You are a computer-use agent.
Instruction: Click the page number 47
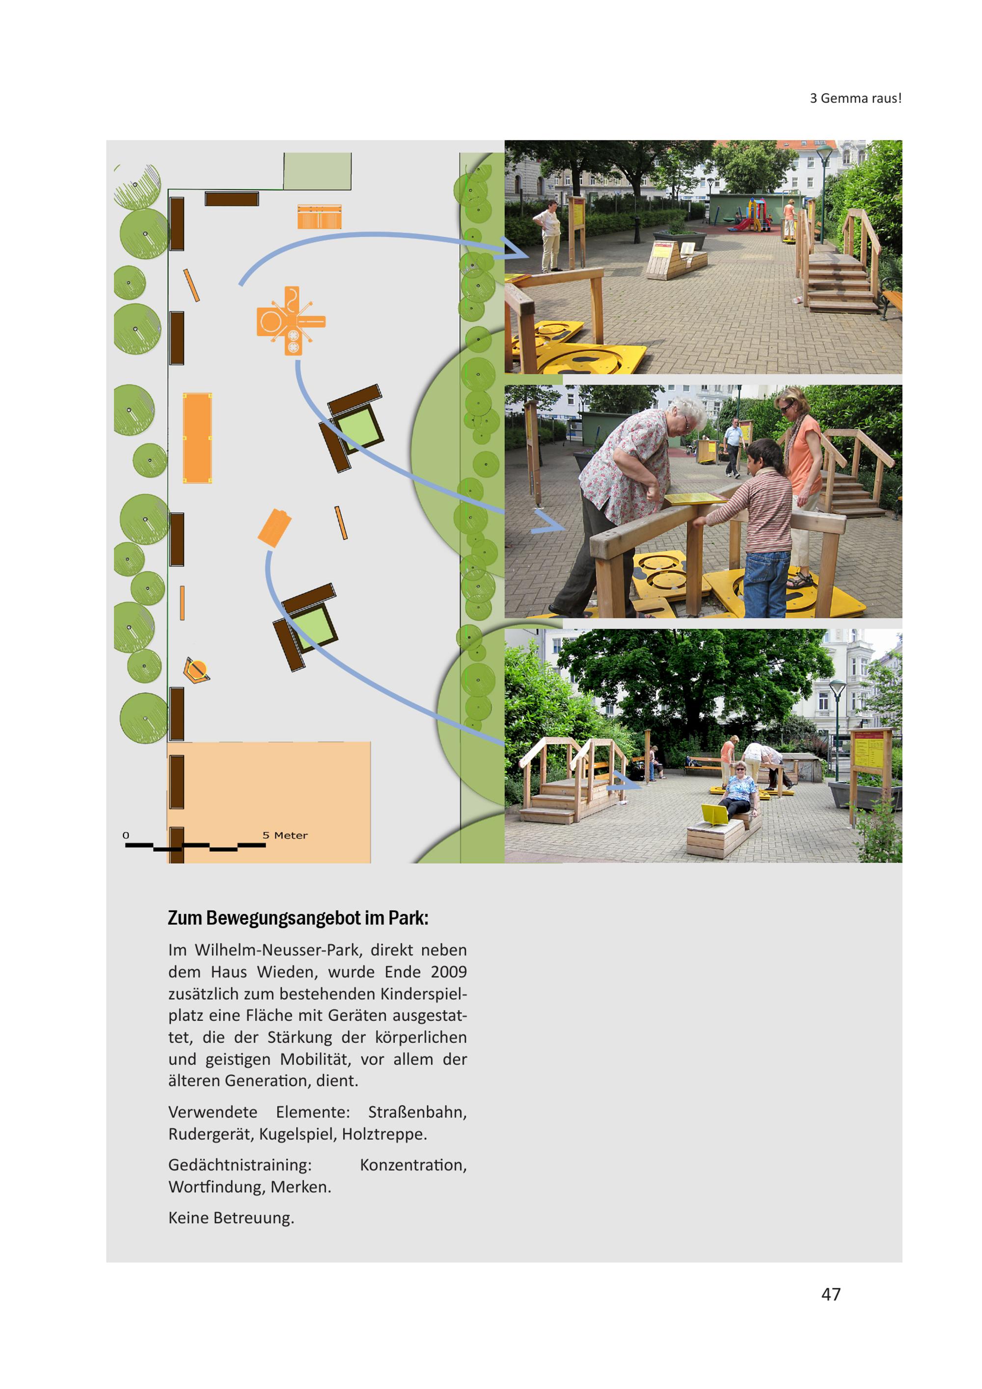pyautogui.click(x=831, y=1294)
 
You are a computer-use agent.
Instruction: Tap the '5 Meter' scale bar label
pyautogui.click(x=285, y=835)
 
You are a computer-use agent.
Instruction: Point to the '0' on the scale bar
pyautogui.click(x=126, y=835)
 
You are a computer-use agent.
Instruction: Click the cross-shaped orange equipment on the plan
pyautogui.click(x=291, y=321)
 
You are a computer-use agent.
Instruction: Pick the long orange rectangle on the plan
pyautogui.click(x=197, y=438)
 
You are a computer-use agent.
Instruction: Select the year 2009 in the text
pyautogui.click(x=449, y=972)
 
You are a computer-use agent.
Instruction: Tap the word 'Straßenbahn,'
pyautogui.click(x=417, y=1112)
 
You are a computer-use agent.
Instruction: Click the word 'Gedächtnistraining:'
pyautogui.click(x=240, y=1165)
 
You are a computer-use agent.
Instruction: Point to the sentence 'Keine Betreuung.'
pyautogui.click(x=231, y=1217)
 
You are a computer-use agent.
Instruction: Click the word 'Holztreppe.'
pyautogui.click(x=384, y=1134)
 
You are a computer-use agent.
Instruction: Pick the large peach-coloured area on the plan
pyautogui.click(x=270, y=802)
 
